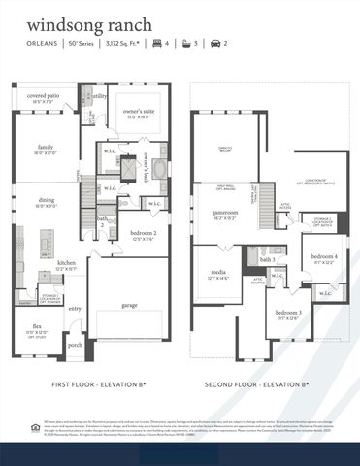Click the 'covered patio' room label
pyautogui.click(x=44, y=95)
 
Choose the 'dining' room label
pyautogui.click(x=47, y=200)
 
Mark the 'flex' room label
pyautogui.click(x=37, y=326)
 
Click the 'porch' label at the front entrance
pyautogui.click(x=75, y=344)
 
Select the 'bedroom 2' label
pyautogui.click(x=142, y=234)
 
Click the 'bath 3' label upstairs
pyautogui.click(x=267, y=260)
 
